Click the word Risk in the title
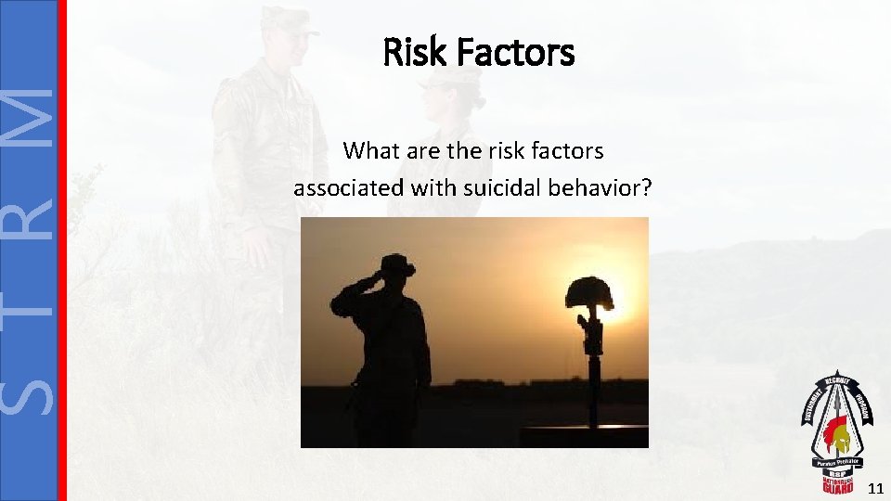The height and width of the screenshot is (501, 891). pos(410,52)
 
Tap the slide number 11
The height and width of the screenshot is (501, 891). pos(875,487)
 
